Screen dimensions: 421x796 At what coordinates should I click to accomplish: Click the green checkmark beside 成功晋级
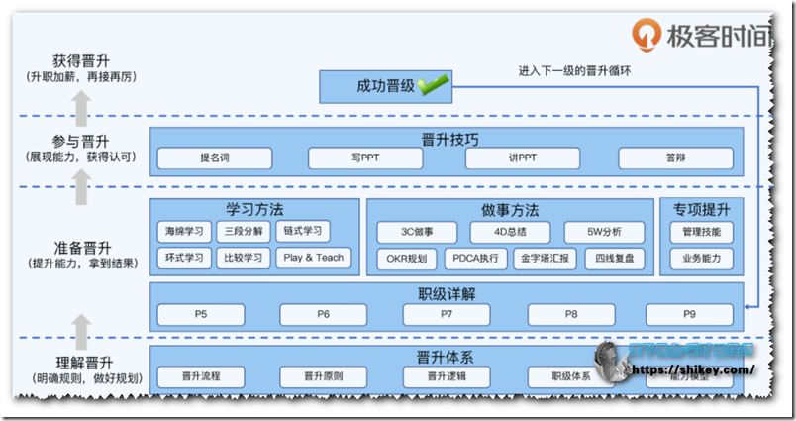tap(432, 86)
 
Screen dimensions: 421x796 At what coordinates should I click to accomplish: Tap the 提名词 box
tap(215, 158)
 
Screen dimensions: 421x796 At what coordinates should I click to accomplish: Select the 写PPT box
tap(365, 158)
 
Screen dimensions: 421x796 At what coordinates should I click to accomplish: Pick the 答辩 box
tap(675, 158)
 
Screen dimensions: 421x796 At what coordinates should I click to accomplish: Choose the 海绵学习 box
tap(184, 232)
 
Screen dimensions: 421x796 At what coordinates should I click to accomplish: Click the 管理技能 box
tap(701, 232)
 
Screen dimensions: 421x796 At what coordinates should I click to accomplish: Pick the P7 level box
tap(447, 315)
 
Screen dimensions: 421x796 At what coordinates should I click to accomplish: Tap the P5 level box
tap(201, 315)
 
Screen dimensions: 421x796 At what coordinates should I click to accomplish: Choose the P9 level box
tap(688, 315)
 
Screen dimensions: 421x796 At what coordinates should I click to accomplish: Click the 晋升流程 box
tap(201, 376)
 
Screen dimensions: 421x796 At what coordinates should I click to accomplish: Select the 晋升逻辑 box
tap(447, 376)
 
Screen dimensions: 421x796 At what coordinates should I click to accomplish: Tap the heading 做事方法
tap(510, 210)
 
